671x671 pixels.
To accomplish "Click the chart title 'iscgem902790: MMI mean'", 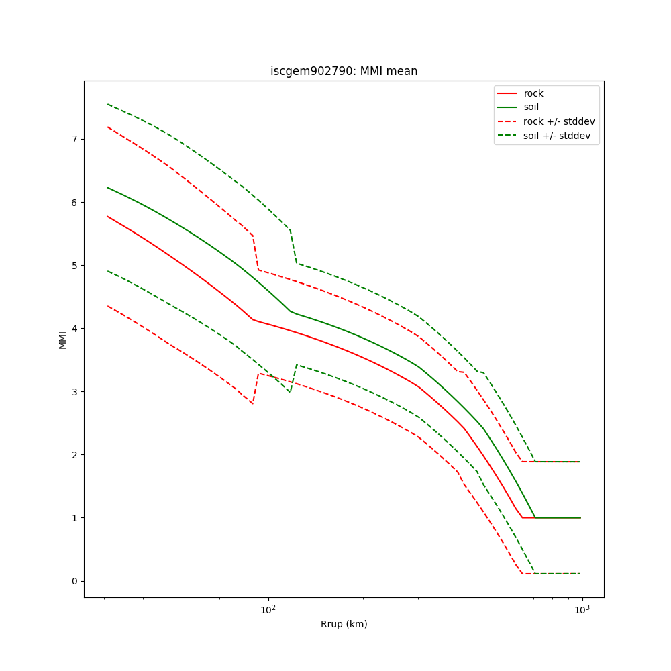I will point(344,71).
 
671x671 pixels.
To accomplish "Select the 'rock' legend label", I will point(533,93).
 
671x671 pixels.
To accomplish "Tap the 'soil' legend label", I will point(531,107).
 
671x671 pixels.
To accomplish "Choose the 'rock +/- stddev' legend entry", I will point(559,121).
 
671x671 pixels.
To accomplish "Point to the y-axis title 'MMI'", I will point(62,339).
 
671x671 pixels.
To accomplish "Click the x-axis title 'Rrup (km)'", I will point(344,624).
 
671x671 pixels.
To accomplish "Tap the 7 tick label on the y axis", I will point(74,139).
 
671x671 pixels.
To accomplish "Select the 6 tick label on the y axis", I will point(74,202).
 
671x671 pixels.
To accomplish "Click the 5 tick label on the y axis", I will point(74,265).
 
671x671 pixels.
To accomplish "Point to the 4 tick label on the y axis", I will point(74,328).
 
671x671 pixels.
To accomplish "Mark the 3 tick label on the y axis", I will point(74,391).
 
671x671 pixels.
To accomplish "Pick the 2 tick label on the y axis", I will point(74,454).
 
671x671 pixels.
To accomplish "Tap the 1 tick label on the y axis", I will point(74,517).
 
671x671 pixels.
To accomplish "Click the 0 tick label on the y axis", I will point(74,581).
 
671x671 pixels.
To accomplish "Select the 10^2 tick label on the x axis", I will point(268,609).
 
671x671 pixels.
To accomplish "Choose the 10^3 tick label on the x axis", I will point(582,609).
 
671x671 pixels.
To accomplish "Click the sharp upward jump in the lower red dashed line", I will point(256,389).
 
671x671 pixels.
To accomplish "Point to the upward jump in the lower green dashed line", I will point(293,378).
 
